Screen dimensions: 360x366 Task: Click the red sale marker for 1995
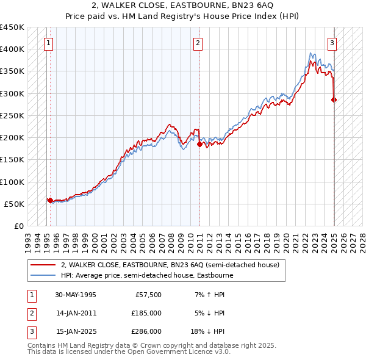pyautogui.click(x=49, y=200)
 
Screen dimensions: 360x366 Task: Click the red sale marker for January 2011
pyautogui.click(x=199, y=144)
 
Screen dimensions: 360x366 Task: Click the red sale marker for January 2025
pyautogui.click(x=334, y=99)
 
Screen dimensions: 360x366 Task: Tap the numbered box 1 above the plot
pyautogui.click(x=48, y=43)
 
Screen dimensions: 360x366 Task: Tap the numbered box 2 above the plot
pyautogui.click(x=199, y=43)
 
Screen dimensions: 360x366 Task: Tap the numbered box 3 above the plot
pyautogui.click(x=332, y=43)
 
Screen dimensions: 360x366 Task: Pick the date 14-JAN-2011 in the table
pyautogui.click(x=76, y=313)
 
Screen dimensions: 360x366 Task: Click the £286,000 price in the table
pyautogui.click(x=146, y=331)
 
